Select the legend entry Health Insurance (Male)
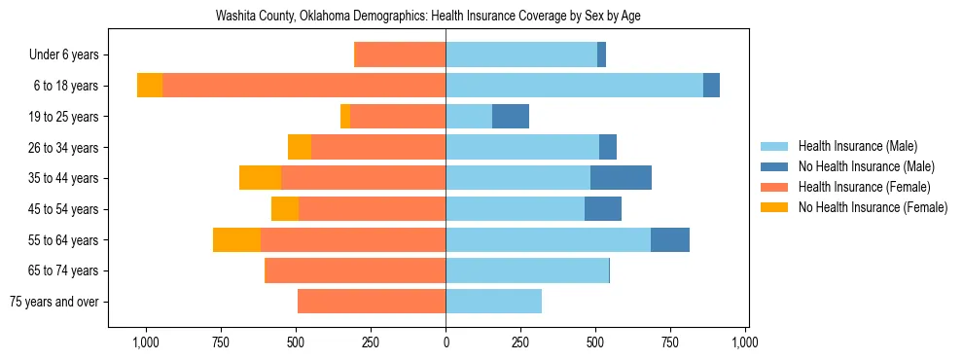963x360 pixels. coord(857,146)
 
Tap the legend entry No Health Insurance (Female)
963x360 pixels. coord(872,207)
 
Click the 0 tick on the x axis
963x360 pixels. coord(446,342)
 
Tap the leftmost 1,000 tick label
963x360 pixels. coord(146,342)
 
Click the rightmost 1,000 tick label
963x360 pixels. coord(745,342)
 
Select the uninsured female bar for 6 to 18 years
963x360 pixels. coord(150,86)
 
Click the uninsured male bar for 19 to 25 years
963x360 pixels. coord(511,117)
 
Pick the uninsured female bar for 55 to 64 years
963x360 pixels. coord(236,239)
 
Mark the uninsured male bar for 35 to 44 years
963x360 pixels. coord(621,178)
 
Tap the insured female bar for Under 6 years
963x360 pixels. coord(400,55)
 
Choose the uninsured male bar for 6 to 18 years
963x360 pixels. coord(711,86)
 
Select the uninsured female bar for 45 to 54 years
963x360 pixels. coord(285,209)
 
